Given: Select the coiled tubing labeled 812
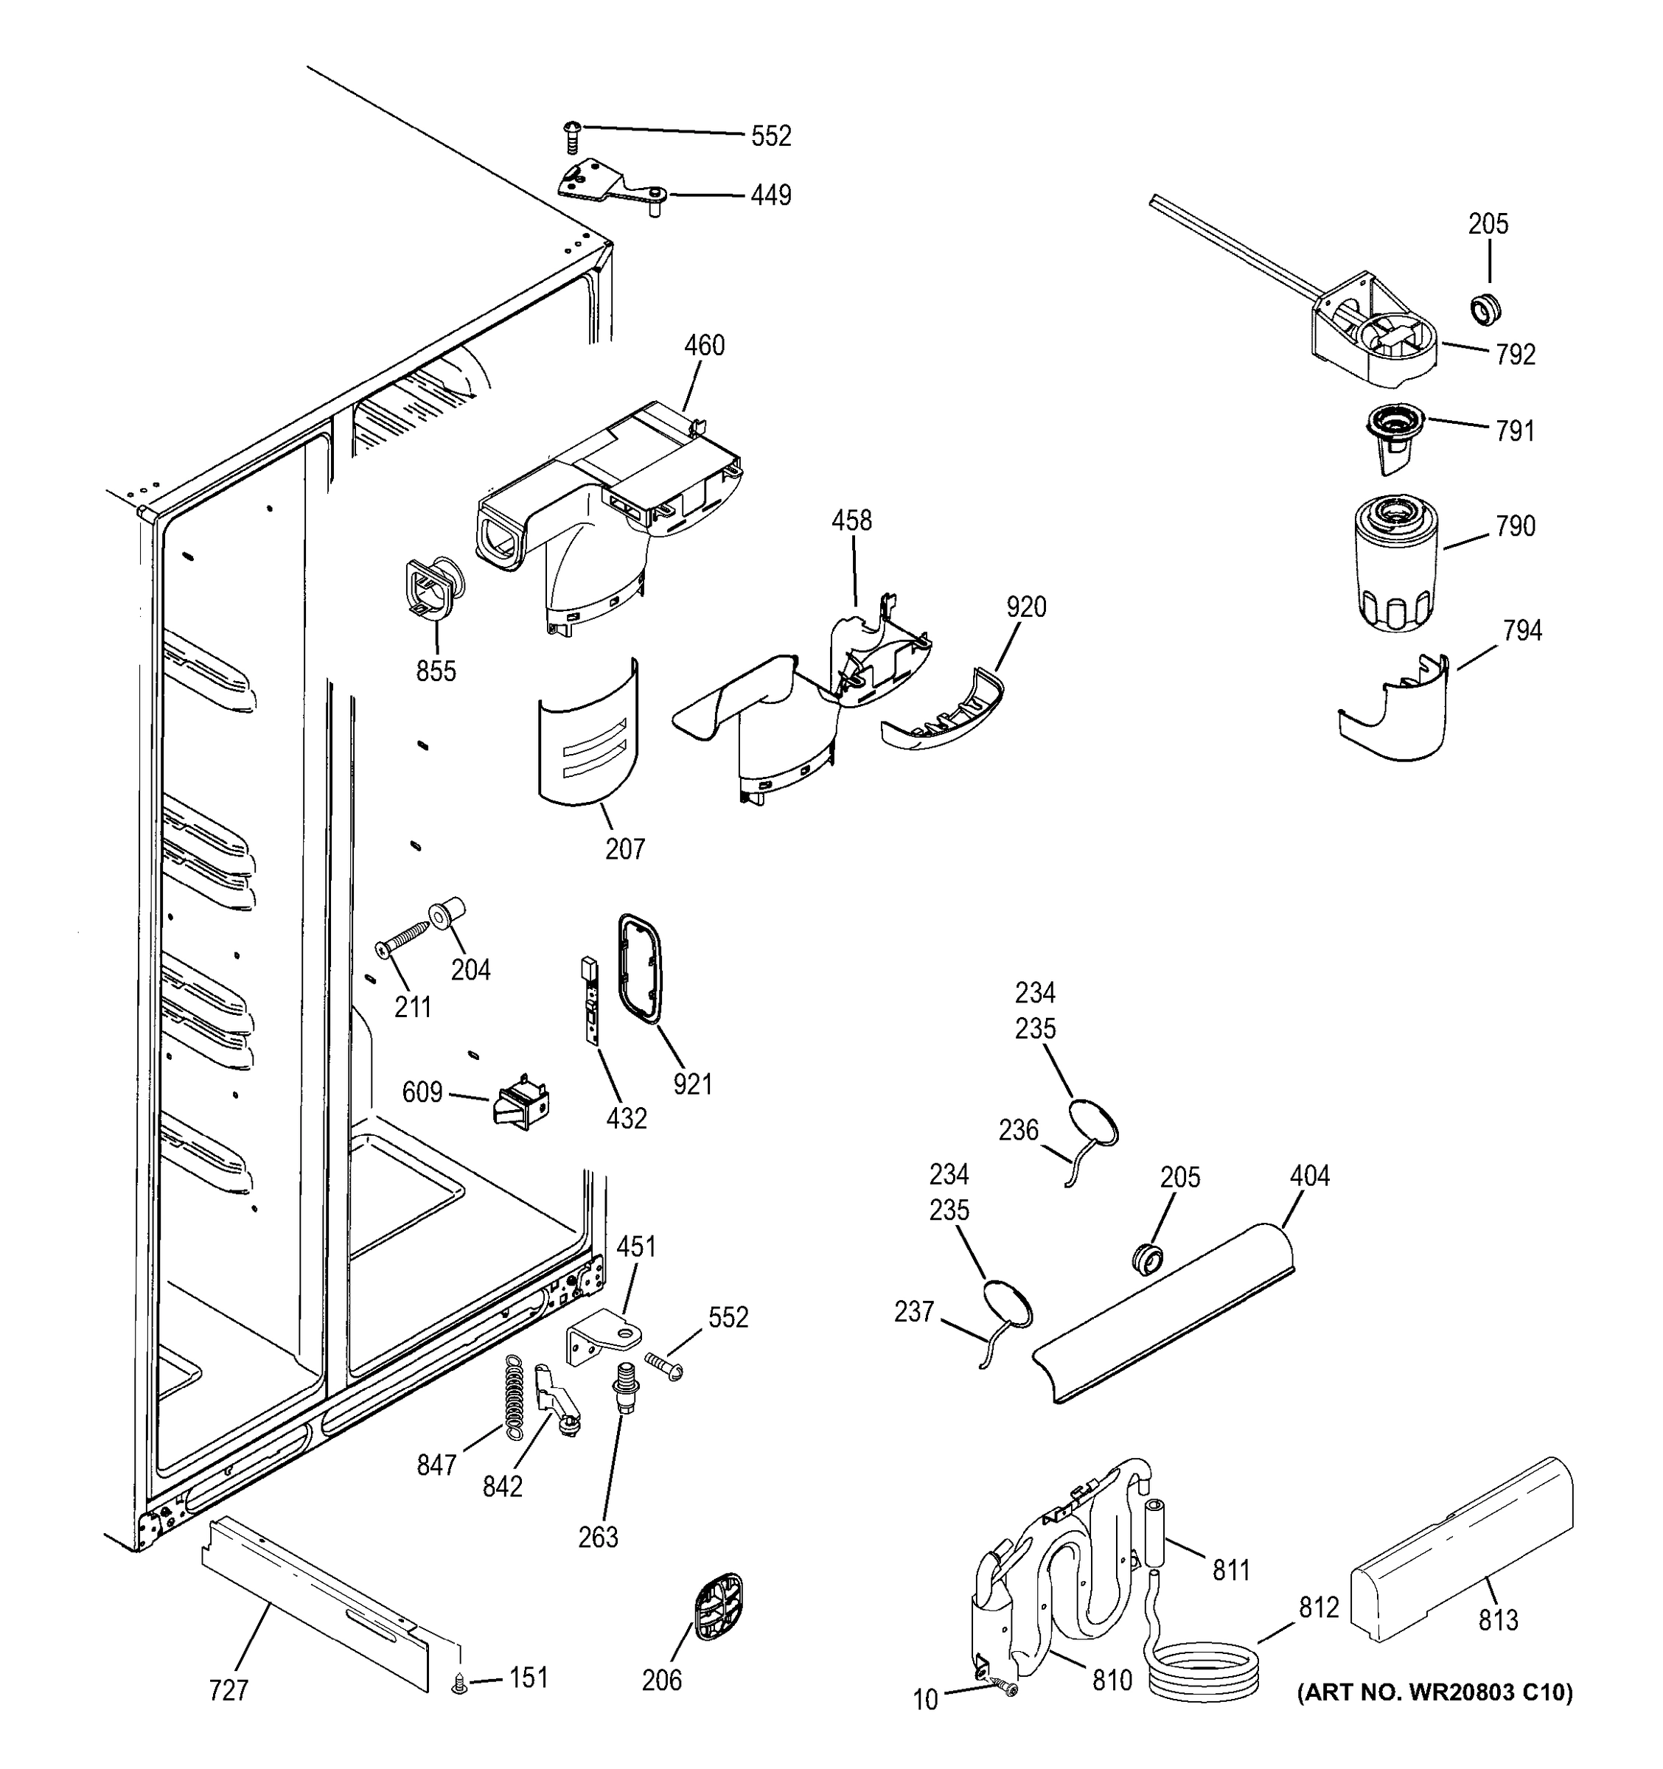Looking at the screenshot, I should click(1204, 1673).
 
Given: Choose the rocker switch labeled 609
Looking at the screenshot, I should click(521, 1103).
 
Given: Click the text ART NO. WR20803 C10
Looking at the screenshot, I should click(1434, 1691).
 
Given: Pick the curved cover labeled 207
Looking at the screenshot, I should click(588, 734).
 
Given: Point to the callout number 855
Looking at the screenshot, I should click(435, 671).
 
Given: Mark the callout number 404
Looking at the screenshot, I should click(1309, 1176).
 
